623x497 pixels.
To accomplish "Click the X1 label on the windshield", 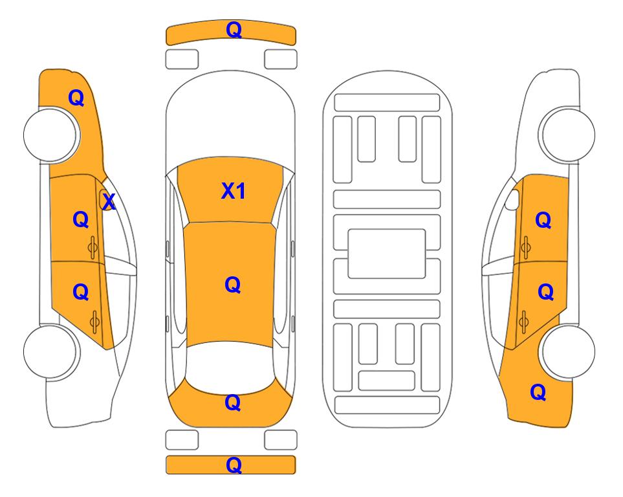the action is point(234,191).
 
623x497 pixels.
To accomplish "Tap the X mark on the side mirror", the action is point(109,202).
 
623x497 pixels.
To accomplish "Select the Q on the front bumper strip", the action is point(234,30).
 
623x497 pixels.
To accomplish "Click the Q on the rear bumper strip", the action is point(234,465).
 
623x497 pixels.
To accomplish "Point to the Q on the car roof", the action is point(232,285).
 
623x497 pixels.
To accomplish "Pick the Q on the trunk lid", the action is point(232,403).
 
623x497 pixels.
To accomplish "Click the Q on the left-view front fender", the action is point(76,98).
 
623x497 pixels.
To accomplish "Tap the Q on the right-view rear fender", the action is point(538,392).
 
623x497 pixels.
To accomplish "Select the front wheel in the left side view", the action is point(50,135).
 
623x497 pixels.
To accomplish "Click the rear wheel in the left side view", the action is point(50,351).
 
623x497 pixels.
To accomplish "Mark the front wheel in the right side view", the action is point(568,135).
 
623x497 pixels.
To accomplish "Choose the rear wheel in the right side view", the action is point(568,351).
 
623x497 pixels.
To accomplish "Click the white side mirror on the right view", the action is point(512,199).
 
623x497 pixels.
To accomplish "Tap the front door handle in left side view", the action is point(93,248).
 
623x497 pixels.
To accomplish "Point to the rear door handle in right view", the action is point(524,322).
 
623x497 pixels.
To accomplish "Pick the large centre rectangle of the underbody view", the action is point(387,254).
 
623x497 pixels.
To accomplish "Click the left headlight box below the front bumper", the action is point(182,60).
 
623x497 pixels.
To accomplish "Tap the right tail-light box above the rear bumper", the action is point(281,440).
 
